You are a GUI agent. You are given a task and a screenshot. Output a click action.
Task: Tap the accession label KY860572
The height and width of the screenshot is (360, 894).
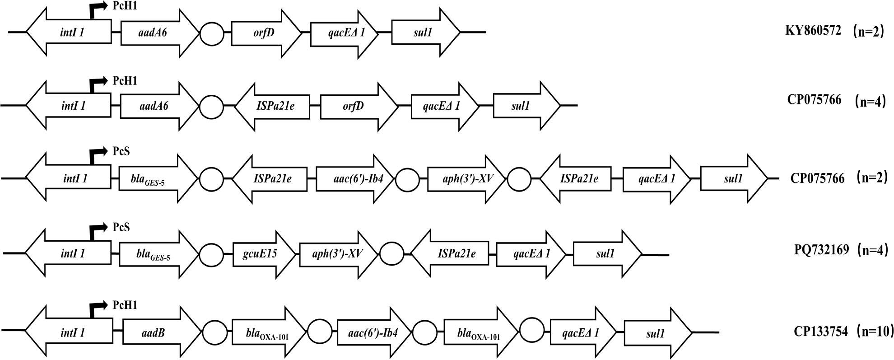pos(813,31)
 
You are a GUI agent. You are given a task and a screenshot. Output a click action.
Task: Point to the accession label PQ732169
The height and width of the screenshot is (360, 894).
pos(821,249)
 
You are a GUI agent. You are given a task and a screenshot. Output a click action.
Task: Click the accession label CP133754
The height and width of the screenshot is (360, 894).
pos(820,332)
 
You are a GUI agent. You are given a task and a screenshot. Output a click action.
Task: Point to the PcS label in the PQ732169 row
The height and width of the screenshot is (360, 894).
pos(121,227)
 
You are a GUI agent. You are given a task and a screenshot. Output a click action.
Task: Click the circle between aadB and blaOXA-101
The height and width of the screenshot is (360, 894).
pos(215,333)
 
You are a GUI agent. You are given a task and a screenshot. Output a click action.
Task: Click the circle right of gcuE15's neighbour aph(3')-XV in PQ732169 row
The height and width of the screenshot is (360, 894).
pos(391,254)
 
